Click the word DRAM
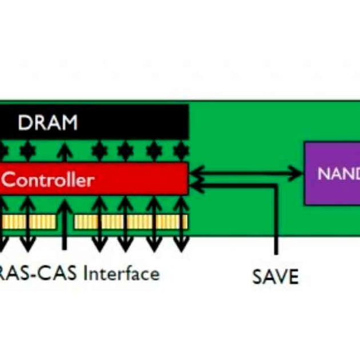click(x=47, y=123)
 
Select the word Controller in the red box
click(x=48, y=181)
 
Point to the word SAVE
click(x=275, y=277)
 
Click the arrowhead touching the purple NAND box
click(x=297, y=172)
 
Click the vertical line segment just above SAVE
click(x=276, y=223)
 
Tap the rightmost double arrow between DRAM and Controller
click(x=181, y=151)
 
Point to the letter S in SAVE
click(x=258, y=277)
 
